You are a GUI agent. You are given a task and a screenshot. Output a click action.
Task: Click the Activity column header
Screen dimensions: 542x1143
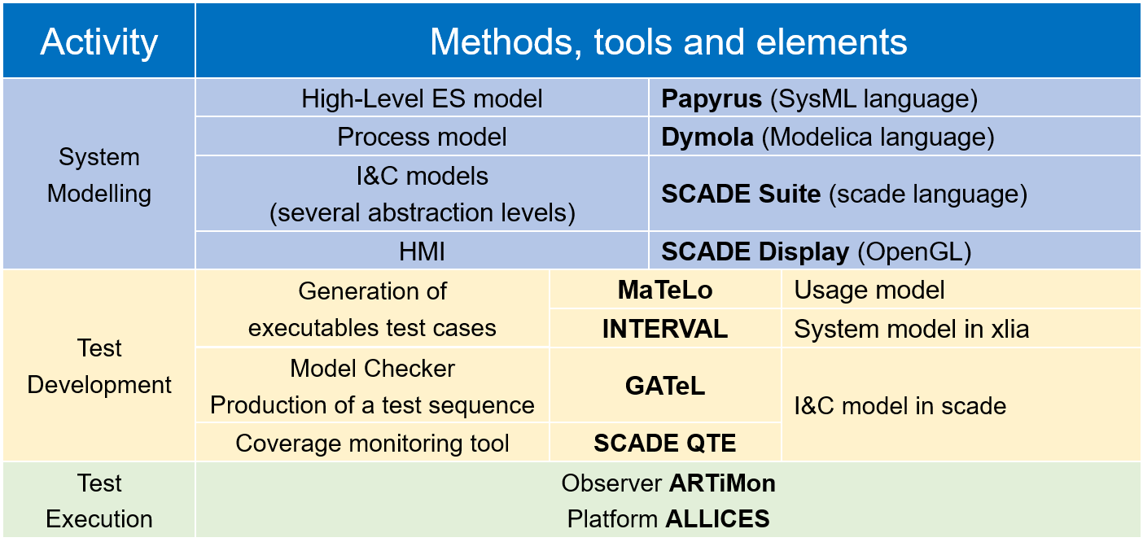coord(99,42)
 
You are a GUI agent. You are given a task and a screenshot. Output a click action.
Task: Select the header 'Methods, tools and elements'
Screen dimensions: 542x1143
coord(668,42)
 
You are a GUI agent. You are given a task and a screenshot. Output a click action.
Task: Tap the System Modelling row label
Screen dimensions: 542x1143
coord(99,175)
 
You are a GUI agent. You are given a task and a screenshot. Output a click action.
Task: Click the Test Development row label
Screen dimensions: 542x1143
coord(99,366)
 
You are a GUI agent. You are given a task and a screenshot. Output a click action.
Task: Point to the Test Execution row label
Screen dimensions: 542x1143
coord(99,500)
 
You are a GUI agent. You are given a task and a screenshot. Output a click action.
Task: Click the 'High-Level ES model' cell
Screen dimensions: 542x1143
coord(422,98)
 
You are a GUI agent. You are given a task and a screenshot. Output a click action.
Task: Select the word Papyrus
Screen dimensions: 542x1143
coord(711,98)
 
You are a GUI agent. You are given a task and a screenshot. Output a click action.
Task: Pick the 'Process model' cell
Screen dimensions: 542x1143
coord(422,137)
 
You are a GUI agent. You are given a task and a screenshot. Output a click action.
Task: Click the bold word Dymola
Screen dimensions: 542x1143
coord(707,137)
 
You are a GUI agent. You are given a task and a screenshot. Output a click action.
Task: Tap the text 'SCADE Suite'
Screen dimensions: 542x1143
coord(740,194)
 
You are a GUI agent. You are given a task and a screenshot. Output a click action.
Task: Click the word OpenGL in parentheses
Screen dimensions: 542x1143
coord(914,252)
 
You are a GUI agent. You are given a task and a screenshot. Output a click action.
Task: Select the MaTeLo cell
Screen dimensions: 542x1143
coord(665,290)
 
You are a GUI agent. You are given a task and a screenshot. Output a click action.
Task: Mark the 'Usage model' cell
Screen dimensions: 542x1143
coord(869,290)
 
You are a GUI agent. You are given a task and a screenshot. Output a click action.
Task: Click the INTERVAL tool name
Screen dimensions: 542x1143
coord(665,329)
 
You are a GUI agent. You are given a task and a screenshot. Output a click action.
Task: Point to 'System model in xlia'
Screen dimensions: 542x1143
coord(911,329)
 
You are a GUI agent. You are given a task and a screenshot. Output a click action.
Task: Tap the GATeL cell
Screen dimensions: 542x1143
coord(665,386)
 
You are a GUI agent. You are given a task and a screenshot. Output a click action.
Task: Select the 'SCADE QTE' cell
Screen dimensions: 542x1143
coord(665,443)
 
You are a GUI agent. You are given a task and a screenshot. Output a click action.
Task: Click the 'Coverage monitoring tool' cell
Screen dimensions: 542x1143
coord(372,443)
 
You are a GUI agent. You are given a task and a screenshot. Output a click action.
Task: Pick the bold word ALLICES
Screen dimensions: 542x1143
coord(717,518)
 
